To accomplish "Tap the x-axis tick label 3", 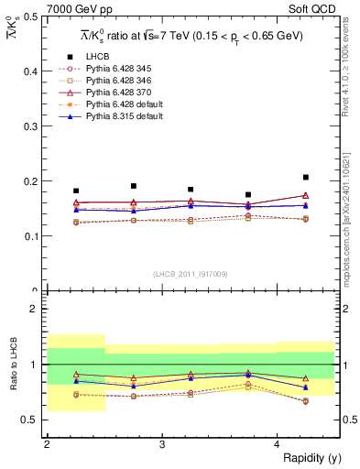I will point(161,444).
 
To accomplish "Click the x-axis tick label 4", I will point(277,444).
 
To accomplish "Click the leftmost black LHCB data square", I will point(76,191).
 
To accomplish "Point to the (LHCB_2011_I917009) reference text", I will point(191,274).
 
